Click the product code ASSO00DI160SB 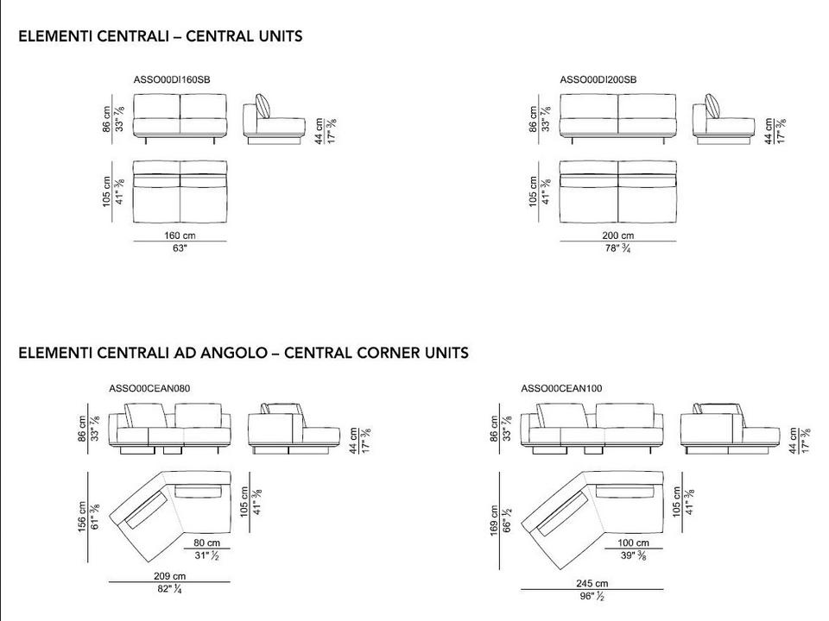172,79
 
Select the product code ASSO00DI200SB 598,79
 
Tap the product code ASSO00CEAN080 149,389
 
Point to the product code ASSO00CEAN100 561,389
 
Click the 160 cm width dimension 180,235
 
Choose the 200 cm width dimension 618,235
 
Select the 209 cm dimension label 170,576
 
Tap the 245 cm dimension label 592,584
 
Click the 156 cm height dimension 82,517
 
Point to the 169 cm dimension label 494,521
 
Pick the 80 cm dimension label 206,543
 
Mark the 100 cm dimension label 633,543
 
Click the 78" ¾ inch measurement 618,248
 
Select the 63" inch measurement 180,248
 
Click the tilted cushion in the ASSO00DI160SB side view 263,106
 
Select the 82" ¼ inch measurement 170,589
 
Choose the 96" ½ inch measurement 592,596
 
